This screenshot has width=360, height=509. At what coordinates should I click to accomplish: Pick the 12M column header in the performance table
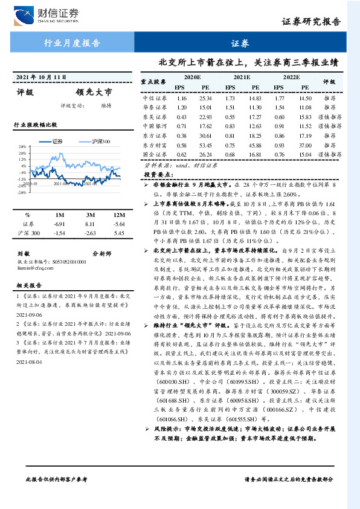coord(118,215)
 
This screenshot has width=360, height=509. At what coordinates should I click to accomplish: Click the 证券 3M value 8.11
coord(91,224)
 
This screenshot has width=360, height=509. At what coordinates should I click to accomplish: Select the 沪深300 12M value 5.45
coord(118,233)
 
